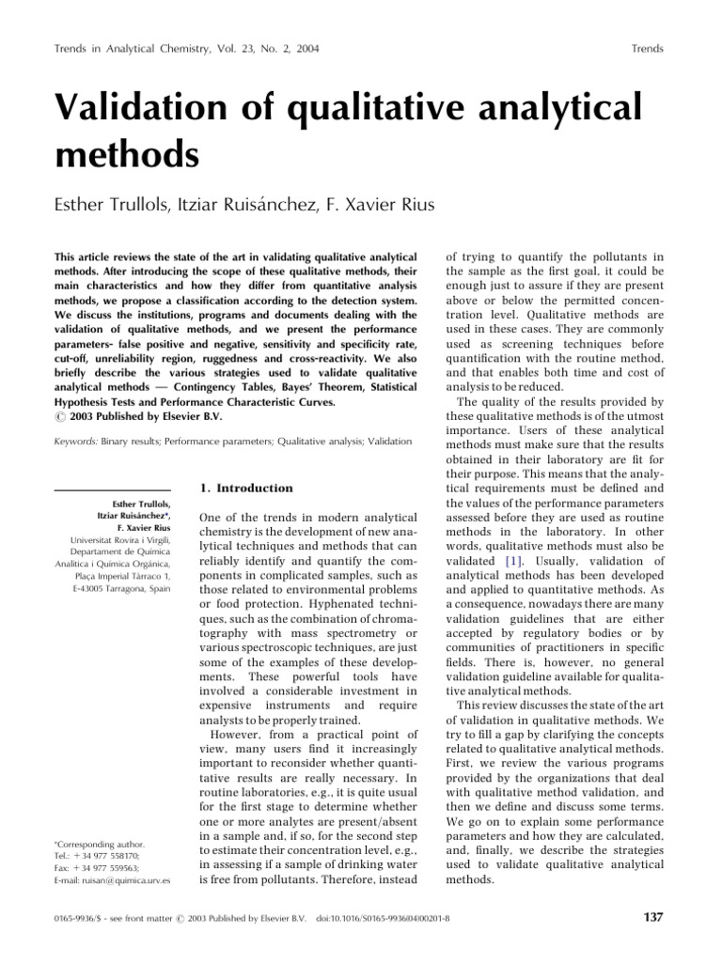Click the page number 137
(x=651, y=917)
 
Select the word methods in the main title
(x=129, y=153)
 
